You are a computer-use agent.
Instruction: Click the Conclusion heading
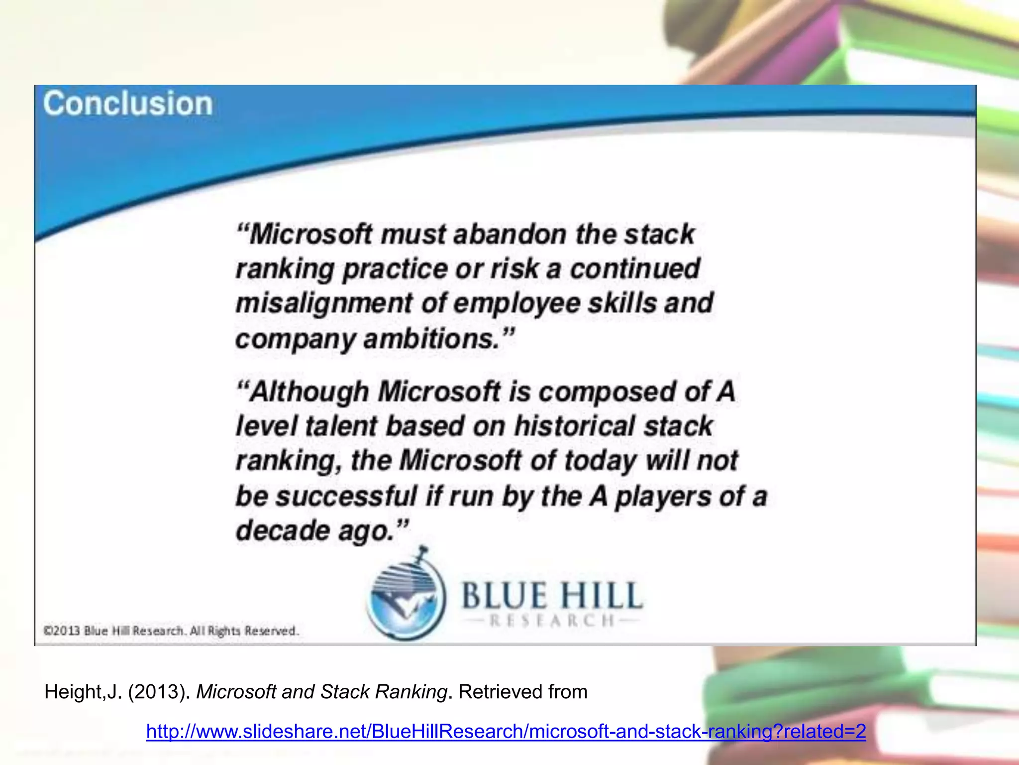point(128,104)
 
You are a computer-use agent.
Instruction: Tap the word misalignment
point(324,304)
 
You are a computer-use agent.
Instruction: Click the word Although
point(309,392)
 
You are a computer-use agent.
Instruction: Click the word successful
point(346,497)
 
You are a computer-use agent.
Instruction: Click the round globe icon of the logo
point(406,598)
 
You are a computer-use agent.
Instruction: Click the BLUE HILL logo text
point(552,596)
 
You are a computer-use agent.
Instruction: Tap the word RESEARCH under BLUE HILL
point(552,621)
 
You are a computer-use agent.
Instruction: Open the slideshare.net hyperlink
point(506,731)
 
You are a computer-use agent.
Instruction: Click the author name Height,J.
point(83,692)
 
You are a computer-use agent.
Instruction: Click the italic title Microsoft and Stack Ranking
point(321,692)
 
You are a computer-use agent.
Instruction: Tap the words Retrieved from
point(523,692)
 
